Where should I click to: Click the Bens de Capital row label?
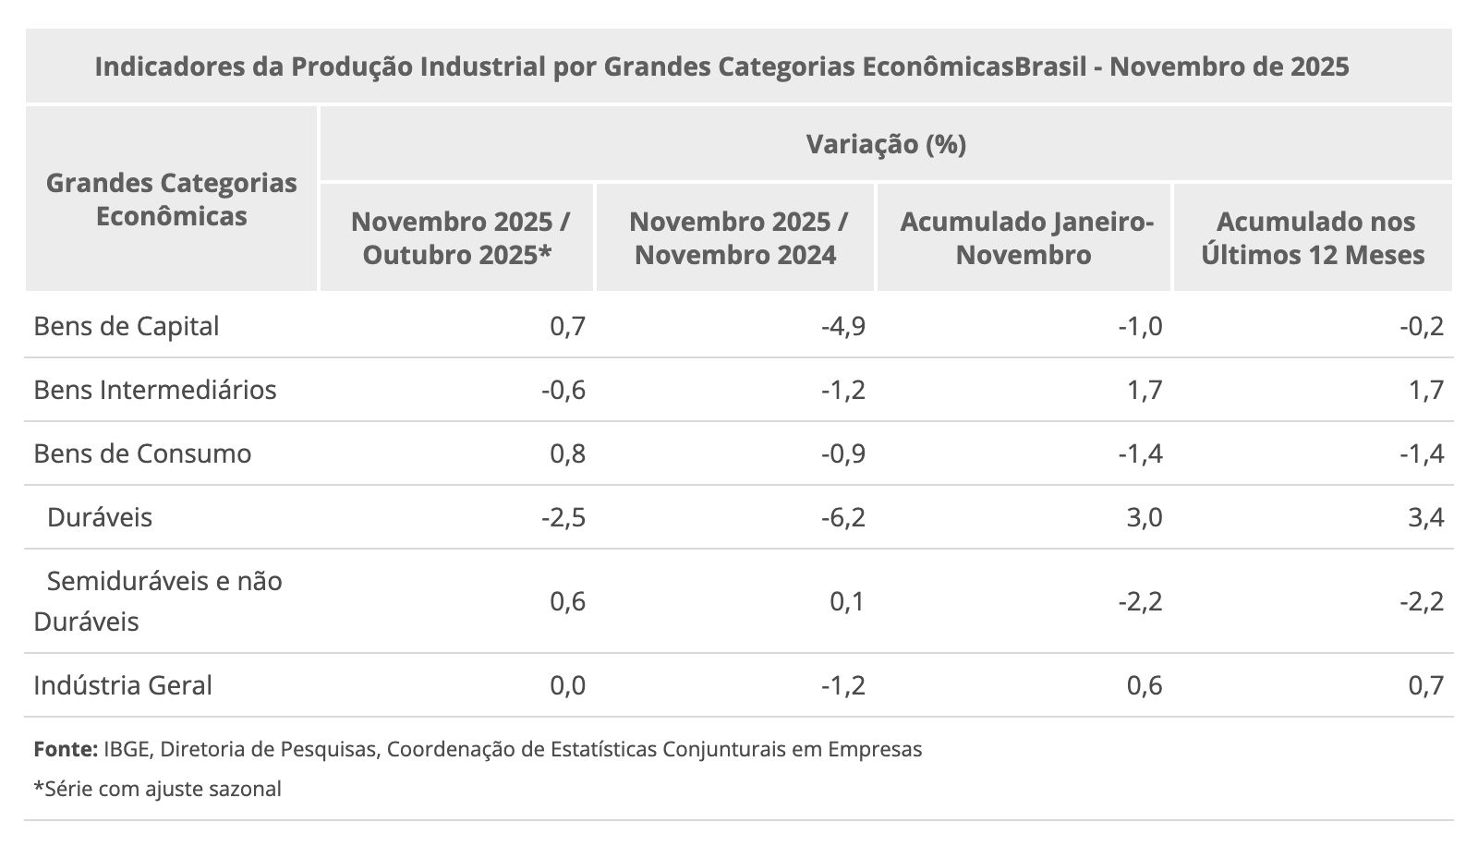coord(127,326)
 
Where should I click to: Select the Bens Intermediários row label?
coord(155,390)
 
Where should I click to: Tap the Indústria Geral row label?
coord(123,685)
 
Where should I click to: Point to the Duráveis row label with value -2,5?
coord(100,517)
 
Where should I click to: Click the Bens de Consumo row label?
coord(142,453)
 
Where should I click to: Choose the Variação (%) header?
coord(886,144)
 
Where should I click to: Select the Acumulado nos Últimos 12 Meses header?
coord(1313,237)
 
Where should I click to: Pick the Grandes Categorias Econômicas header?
coord(172,199)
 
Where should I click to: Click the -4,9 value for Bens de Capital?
coord(843,326)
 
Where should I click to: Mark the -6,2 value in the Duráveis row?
coord(843,517)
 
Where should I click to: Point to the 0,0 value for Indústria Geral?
coord(568,685)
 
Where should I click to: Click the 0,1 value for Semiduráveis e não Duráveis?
coord(847,601)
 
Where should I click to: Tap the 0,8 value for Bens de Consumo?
coord(568,453)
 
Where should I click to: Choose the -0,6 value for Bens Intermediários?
coord(563,390)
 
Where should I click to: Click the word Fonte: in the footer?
coord(66,749)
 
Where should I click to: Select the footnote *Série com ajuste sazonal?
coord(157,789)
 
